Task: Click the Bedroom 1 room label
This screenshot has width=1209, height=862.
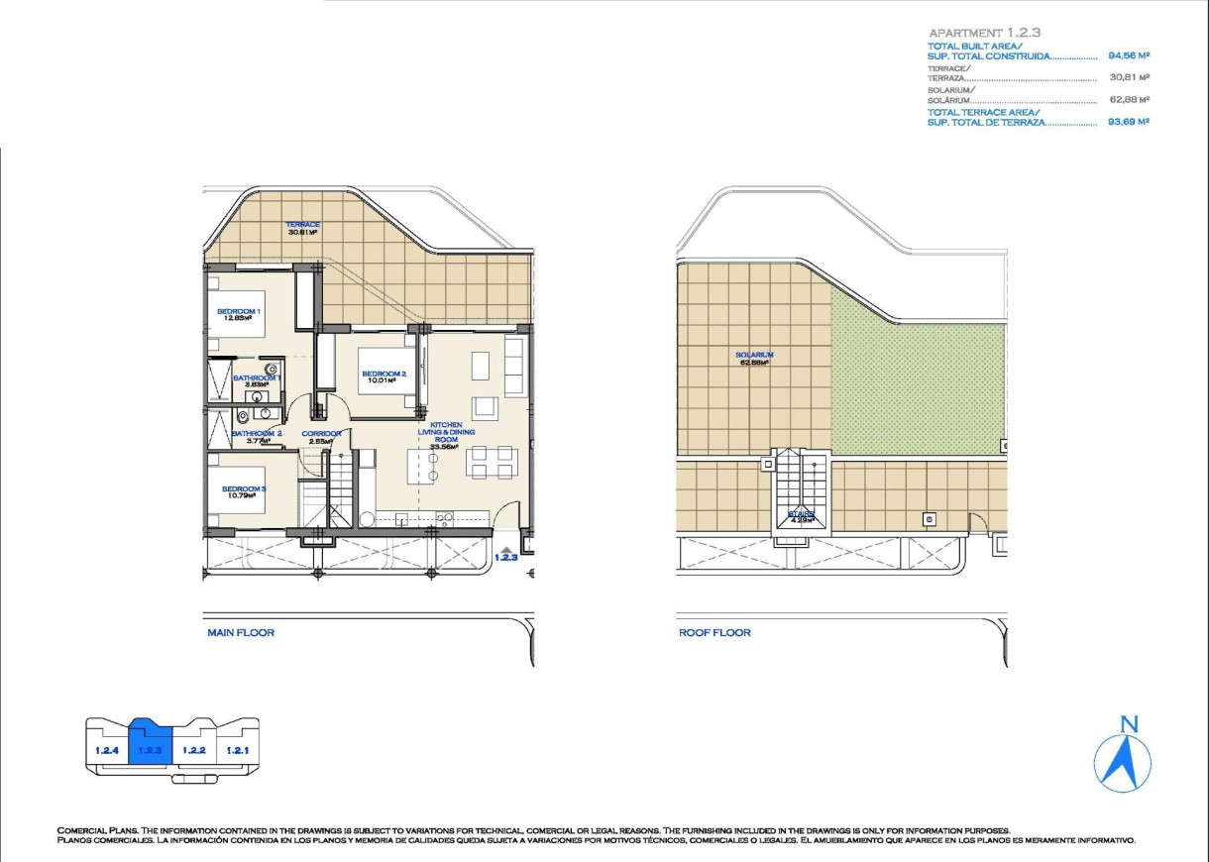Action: pyautogui.click(x=238, y=315)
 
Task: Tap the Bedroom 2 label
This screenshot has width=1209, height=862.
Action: pyautogui.click(x=383, y=376)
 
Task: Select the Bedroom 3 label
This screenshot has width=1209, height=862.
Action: pyautogui.click(x=243, y=492)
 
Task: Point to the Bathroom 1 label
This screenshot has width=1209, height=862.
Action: pyautogui.click(x=258, y=380)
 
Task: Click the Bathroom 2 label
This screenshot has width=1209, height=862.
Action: pyautogui.click(x=258, y=437)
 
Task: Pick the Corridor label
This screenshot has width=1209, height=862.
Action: pyautogui.click(x=322, y=437)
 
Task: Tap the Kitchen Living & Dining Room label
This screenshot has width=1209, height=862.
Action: pyautogui.click(x=445, y=435)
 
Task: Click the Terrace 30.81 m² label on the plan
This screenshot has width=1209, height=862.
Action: pyautogui.click(x=302, y=228)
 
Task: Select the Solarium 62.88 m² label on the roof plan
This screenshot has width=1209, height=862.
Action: pyautogui.click(x=754, y=358)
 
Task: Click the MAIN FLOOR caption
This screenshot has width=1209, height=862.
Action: pyautogui.click(x=240, y=632)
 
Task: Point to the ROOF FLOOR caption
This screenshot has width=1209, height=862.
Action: pyautogui.click(x=714, y=632)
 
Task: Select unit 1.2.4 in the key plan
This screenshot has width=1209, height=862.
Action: pyautogui.click(x=107, y=750)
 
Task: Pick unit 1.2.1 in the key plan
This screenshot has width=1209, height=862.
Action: pyautogui.click(x=236, y=750)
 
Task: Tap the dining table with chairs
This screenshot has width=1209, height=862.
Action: pyautogui.click(x=492, y=461)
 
